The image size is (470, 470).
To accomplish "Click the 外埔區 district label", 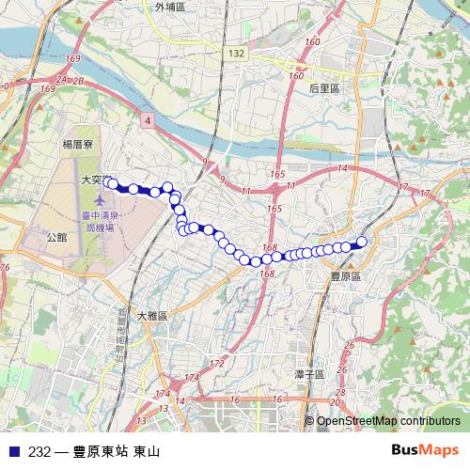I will click(x=169, y=7).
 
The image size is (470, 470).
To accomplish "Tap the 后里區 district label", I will click(x=324, y=87).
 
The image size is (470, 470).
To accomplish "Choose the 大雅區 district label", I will click(x=150, y=317).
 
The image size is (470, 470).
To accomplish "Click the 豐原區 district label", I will click(x=346, y=276).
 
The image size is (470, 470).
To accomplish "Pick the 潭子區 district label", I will click(x=308, y=374).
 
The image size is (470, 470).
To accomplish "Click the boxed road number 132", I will click(x=235, y=55).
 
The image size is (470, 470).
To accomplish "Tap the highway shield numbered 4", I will click(x=149, y=121).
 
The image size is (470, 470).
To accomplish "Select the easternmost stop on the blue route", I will click(x=362, y=241).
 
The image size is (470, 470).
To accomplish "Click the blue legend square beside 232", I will click(x=15, y=451).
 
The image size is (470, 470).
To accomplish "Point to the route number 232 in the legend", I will click(x=39, y=451).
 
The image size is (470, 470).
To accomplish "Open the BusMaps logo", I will click(x=424, y=450).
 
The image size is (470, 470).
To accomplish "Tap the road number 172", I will click(x=217, y=363).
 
